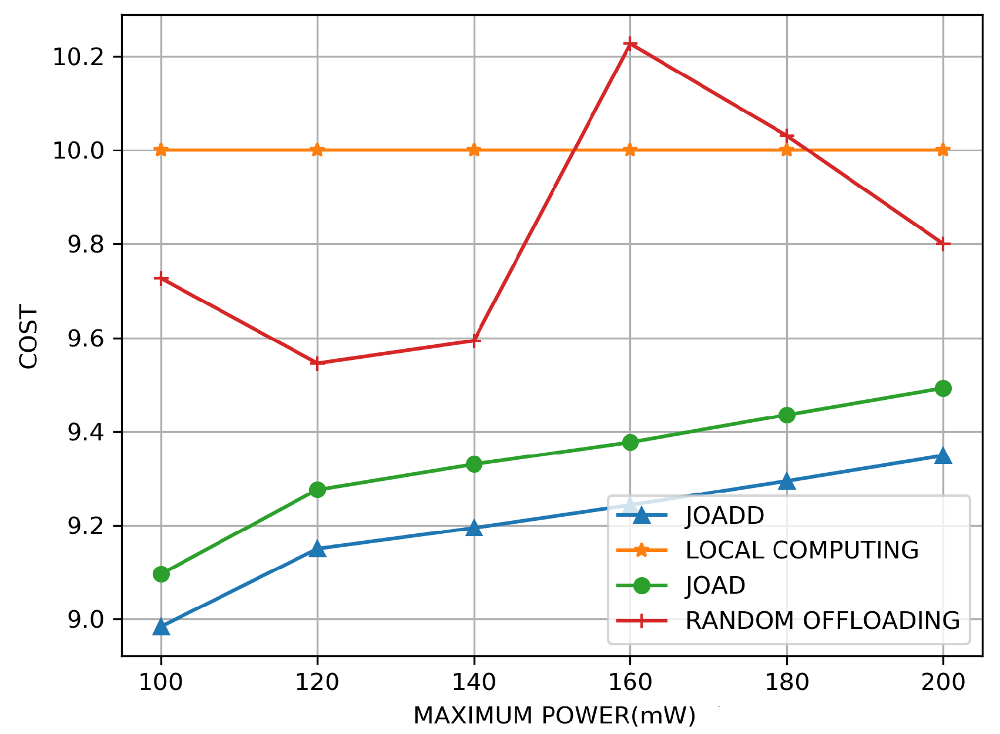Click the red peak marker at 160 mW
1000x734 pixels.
(x=630, y=44)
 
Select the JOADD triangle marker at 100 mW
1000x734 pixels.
(x=161, y=627)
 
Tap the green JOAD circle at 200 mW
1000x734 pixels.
(x=943, y=388)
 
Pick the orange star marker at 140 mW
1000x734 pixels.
(x=474, y=150)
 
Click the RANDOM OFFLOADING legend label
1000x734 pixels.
(x=823, y=621)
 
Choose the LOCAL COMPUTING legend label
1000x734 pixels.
(x=802, y=550)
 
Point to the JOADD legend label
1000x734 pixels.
(x=724, y=516)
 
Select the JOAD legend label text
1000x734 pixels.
(x=715, y=585)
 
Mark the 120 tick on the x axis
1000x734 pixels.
(x=317, y=682)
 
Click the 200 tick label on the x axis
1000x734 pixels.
(x=943, y=682)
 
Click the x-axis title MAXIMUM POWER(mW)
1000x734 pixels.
(x=554, y=716)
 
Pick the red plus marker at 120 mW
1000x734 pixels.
(x=317, y=363)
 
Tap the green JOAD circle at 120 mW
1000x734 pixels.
(x=317, y=490)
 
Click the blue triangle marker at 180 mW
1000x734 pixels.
(x=787, y=482)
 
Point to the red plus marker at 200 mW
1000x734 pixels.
(x=943, y=244)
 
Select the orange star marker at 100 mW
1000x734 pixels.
(x=161, y=150)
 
